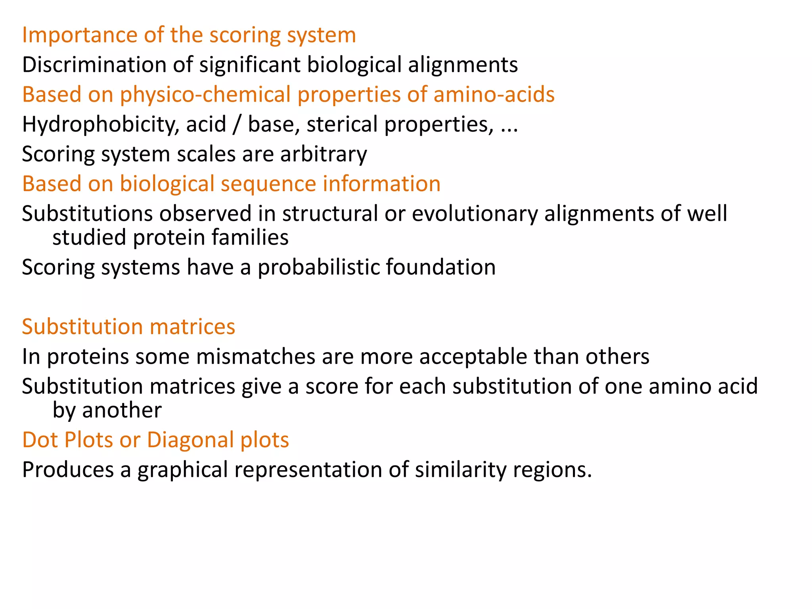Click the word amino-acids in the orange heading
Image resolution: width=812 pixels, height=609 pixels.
(x=494, y=94)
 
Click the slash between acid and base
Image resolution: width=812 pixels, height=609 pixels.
(x=237, y=124)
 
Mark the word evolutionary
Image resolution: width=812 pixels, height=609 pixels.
(x=475, y=213)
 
